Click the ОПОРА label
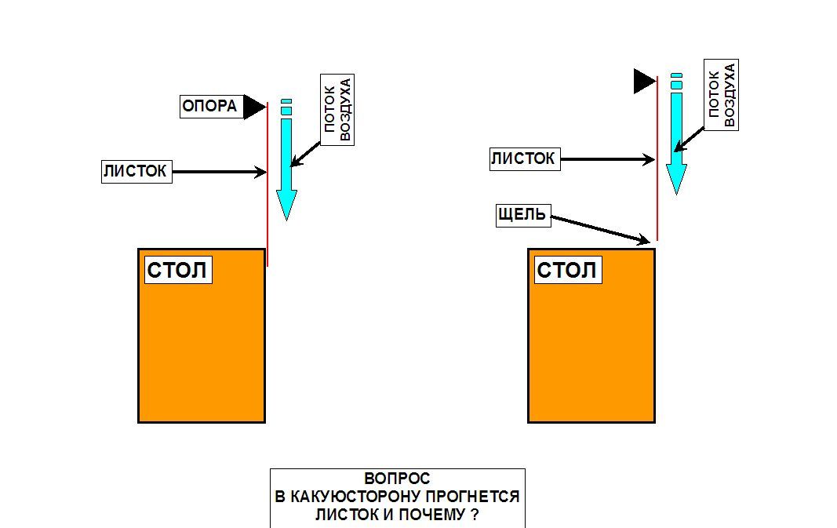tap(209, 106)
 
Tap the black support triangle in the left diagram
tap(253, 107)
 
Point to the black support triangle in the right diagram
tap(643, 80)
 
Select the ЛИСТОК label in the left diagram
tap(136, 172)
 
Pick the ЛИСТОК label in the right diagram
tap(523, 159)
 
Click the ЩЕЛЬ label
tap(523, 215)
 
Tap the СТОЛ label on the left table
tap(178, 271)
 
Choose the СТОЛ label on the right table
tap(567, 271)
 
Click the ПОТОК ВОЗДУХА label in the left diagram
tap(338, 109)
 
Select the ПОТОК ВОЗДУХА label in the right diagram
tap(722, 95)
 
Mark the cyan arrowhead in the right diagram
tap(676, 180)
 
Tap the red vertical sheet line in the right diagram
tap(657, 196)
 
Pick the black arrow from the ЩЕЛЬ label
tap(600, 229)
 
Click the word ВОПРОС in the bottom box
tap(397, 479)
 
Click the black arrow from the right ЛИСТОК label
tap(606, 159)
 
